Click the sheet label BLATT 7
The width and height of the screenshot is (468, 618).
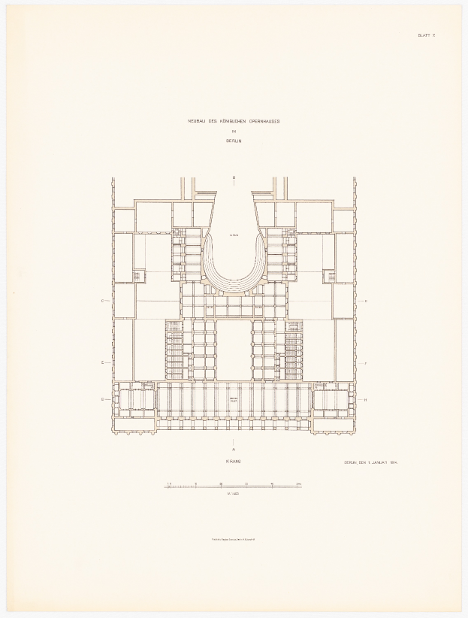point(426,36)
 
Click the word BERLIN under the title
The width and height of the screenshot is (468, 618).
point(234,140)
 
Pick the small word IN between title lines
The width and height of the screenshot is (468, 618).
point(234,131)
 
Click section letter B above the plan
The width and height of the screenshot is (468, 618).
point(234,178)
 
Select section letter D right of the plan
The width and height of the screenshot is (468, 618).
point(364,301)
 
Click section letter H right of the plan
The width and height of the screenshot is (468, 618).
point(364,399)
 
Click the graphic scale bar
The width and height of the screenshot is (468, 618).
point(234,486)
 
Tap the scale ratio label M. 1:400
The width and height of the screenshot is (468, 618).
point(234,494)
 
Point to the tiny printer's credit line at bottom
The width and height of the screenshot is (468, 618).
point(234,538)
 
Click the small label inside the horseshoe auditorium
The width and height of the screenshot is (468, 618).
point(234,237)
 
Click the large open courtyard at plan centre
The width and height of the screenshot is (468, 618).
point(234,349)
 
